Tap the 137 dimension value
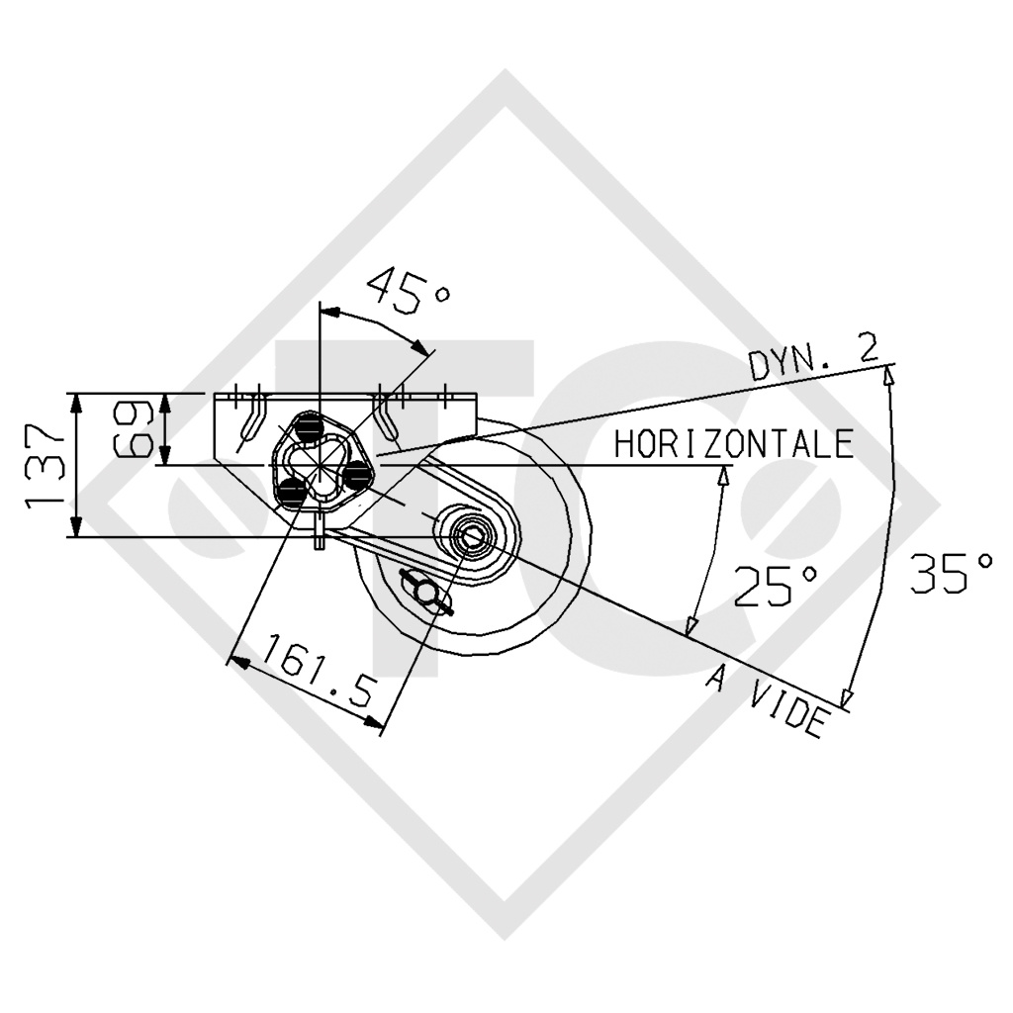click(x=46, y=465)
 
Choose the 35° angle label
click(x=953, y=573)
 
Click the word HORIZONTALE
click(x=733, y=444)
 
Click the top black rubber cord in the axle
click(x=310, y=426)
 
